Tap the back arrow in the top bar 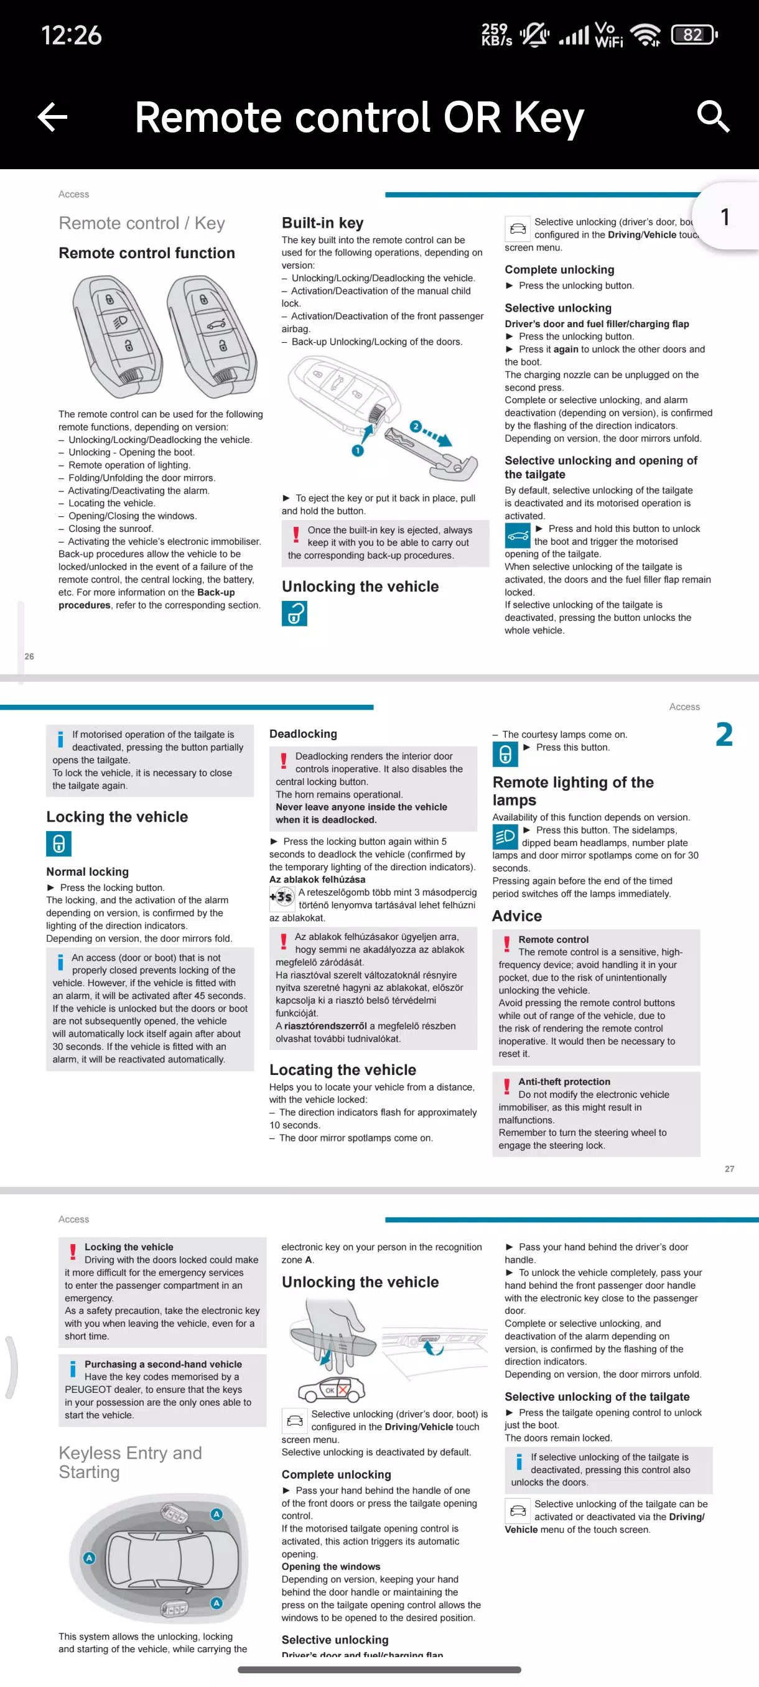pyautogui.click(x=53, y=117)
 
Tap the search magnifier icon pyautogui.click(x=712, y=117)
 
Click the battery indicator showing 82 pyautogui.click(x=694, y=35)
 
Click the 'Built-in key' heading pyautogui.click(x=322, y=223)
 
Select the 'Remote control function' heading pyautogui.click(x=147, y=253)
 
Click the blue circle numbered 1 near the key pyautogui.click(x=358, y=450)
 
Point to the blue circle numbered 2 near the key pyautogui.click(x=415, y=426)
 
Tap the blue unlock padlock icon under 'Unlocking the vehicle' pyautogui.click(x=294, y=613)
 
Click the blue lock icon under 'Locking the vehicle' pyautogui.click(x=58, y=843)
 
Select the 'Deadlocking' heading pyautogui.click(x=303, y=734)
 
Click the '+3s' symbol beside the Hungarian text pyautogui.click(x=282, y=897)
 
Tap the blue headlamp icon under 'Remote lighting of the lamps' pyautogui.click(x=505, y=836)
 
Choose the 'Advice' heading pyautogui.click(x=517, y=916)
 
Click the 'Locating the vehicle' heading pyautogui.click(x=343, y=1070)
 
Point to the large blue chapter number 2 pyautogui.click(x=724, y=735)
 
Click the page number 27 pyautogui.click(x=729, y=1169)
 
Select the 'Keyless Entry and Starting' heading pyautogui.click(x=130, y=1462)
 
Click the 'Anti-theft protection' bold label pyautogui.click(x=564, y=1082)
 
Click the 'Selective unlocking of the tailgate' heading pyautogui.click(x=597, y=1397)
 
